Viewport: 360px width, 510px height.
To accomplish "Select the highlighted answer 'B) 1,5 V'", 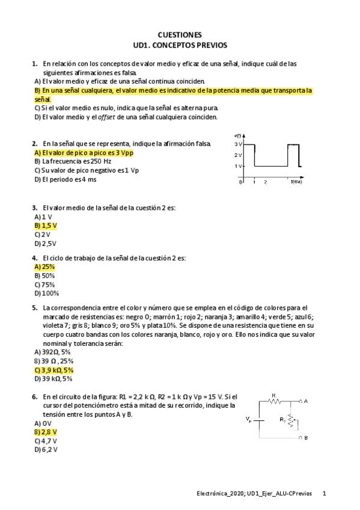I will tap(46, 226).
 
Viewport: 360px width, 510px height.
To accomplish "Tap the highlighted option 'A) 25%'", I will tap(45, 266).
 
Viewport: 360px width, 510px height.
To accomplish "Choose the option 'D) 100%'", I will tap(47, 293).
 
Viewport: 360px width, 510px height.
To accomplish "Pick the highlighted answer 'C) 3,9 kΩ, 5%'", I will tap(54, 370).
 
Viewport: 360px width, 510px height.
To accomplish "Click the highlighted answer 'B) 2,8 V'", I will tap(46, 432).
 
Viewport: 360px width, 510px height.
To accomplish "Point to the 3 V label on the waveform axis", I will tap(238, 145).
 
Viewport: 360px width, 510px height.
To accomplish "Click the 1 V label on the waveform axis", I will tap(238, 166).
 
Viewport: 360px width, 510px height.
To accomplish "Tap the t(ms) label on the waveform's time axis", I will tap(296, 181).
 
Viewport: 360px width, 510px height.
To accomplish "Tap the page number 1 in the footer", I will tap(325, 494).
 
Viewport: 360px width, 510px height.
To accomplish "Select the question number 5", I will tap(34, 307).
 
